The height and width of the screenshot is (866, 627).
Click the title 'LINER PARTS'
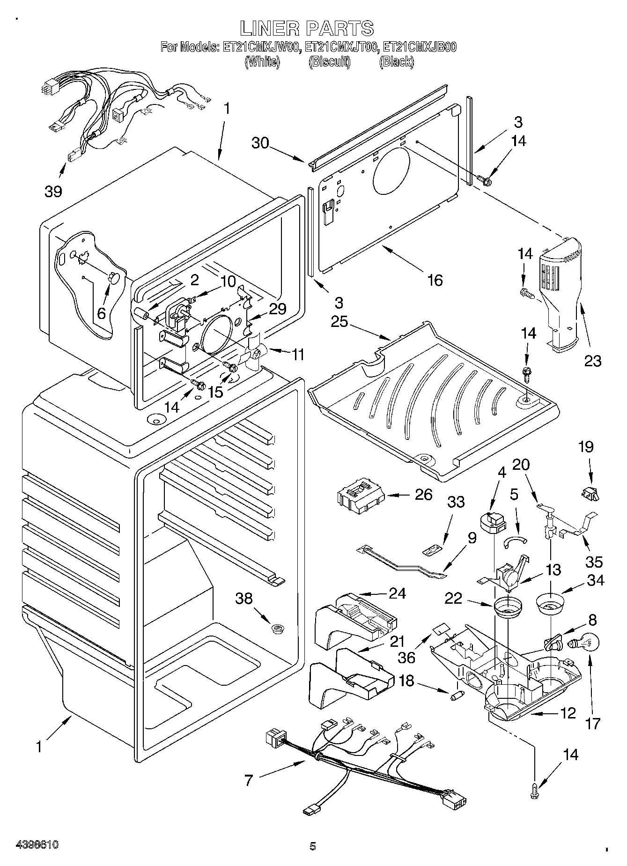click(307, 28)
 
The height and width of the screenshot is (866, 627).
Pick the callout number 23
click(592, 361)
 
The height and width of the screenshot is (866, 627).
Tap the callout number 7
click(249, 780)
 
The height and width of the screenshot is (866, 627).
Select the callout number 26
click(424, 495)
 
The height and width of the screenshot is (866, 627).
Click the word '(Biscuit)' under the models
click(329, 61)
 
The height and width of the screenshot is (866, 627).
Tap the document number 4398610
click(37, 845)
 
